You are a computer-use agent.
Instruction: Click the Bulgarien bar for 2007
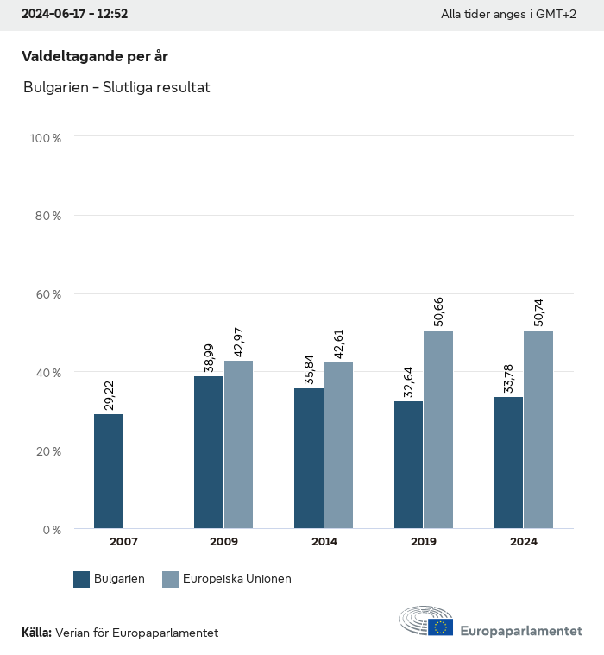pos(109,471)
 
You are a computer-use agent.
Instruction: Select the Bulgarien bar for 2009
pos(209,452)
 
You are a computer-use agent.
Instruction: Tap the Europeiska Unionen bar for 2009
pos(239,444)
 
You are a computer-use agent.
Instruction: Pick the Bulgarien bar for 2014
pos(309,458)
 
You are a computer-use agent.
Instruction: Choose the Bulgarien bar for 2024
pos(508,463)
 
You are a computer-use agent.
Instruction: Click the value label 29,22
pos(109,395)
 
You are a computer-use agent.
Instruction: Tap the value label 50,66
pos(438,312)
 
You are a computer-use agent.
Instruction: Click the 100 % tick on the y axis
pos(45,138)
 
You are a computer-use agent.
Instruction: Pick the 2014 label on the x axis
pos(324,542)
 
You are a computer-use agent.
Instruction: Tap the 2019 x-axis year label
pos(424,542)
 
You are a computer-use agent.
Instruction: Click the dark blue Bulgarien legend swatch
pos(82,579)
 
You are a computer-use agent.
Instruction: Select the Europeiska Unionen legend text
pos(237,579)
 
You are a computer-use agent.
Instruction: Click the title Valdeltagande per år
pos(94,56)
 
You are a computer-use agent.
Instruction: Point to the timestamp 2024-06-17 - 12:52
pos(75,15)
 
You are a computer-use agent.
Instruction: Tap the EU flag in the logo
pos(441,627)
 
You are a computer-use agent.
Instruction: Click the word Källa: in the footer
pos(36,633)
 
